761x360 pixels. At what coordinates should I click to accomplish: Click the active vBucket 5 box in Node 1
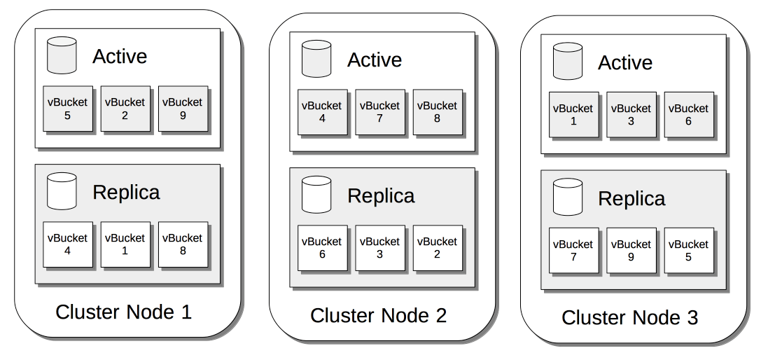tap(67, 109)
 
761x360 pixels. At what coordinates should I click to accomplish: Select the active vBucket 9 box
tap(183, 109)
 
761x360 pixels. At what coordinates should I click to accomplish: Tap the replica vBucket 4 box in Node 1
tap(67, 244)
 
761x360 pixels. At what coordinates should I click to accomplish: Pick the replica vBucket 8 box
tap(183, 244)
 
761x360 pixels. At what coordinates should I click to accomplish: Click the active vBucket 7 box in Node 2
tap(379, 112)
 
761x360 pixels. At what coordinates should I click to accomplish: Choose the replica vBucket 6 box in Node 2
tap(322, 248)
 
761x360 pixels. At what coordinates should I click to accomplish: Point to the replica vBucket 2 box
tap(437, 248)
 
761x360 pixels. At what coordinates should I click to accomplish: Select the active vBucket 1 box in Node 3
tap(573, 115)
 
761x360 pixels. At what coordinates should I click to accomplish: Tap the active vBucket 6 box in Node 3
tap(688, 115)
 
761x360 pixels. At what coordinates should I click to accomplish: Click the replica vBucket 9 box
tap(631, 251)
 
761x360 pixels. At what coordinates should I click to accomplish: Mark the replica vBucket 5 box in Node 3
tap(688, 251)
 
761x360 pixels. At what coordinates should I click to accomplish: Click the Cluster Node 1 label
tap(123, 312)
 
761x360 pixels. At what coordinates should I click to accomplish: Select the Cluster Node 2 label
tap(378, 315)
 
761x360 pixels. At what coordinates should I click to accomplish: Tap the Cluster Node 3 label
tap(629, 318)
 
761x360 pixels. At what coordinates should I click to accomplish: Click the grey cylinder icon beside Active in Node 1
tap(62, 55)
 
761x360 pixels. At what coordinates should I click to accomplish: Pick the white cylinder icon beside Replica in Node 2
tap(316, 195)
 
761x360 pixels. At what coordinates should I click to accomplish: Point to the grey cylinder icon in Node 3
tap(567, 62)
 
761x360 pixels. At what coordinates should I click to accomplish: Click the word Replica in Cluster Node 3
tap(631, 199)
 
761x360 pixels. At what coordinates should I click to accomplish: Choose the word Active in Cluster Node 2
tap(375, 60)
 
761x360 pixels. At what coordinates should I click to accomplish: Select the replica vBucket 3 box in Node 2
tap(379, 248)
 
